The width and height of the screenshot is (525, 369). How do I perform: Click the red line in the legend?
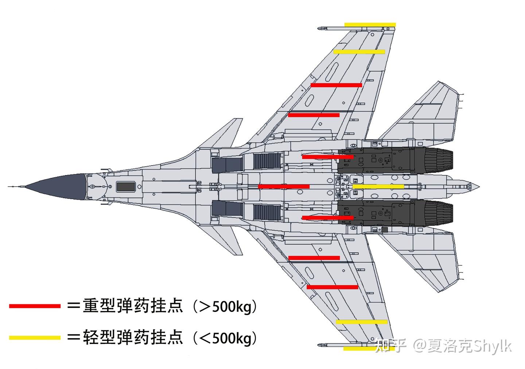[35, 306]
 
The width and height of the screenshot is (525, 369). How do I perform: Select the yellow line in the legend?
[35, 338]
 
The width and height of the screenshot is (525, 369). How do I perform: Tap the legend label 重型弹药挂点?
[133, 306]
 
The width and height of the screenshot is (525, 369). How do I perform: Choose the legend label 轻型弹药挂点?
[133, 338]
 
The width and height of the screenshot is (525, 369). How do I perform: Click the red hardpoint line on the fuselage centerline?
[284, 186]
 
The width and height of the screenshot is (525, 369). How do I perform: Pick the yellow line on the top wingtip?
[370, 25]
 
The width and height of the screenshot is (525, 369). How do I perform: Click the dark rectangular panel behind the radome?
[126, 187]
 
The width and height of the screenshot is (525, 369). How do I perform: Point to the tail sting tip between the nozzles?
[474, 186]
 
